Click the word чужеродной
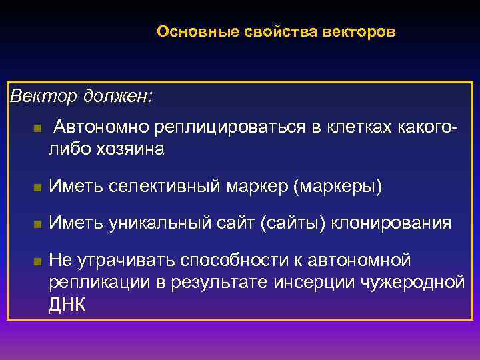click(x=413, y=282)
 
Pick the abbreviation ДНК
click(x=67, y=304)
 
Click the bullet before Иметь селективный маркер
click(x=37, y=189)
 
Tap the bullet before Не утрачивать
click(x=37, y=261)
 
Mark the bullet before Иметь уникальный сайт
click(x=37, y=224)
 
